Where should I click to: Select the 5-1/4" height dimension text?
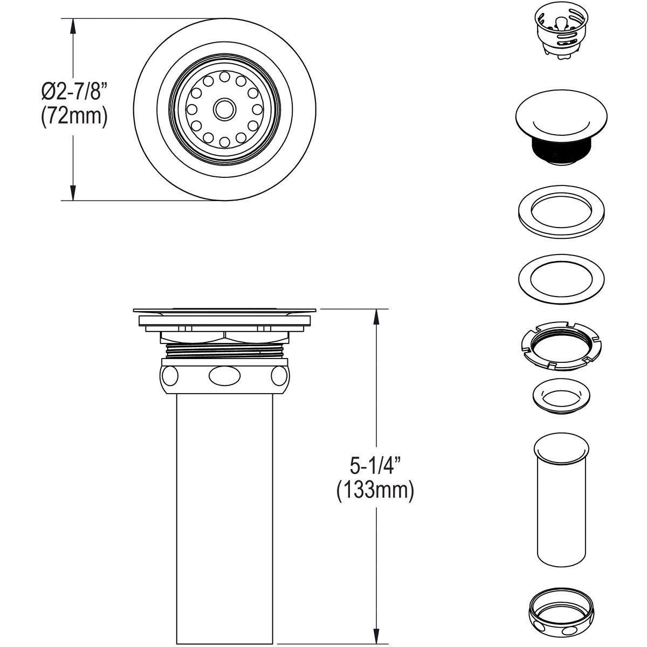pyautogui.click(x=375, y=465)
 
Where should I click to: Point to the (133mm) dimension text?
pyautogui.click(x=375, y=491)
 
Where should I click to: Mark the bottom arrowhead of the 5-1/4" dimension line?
pyautogui.click(x=376, y=636)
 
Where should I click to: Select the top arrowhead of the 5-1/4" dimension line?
pyautogui.click(x=376, y=316)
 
